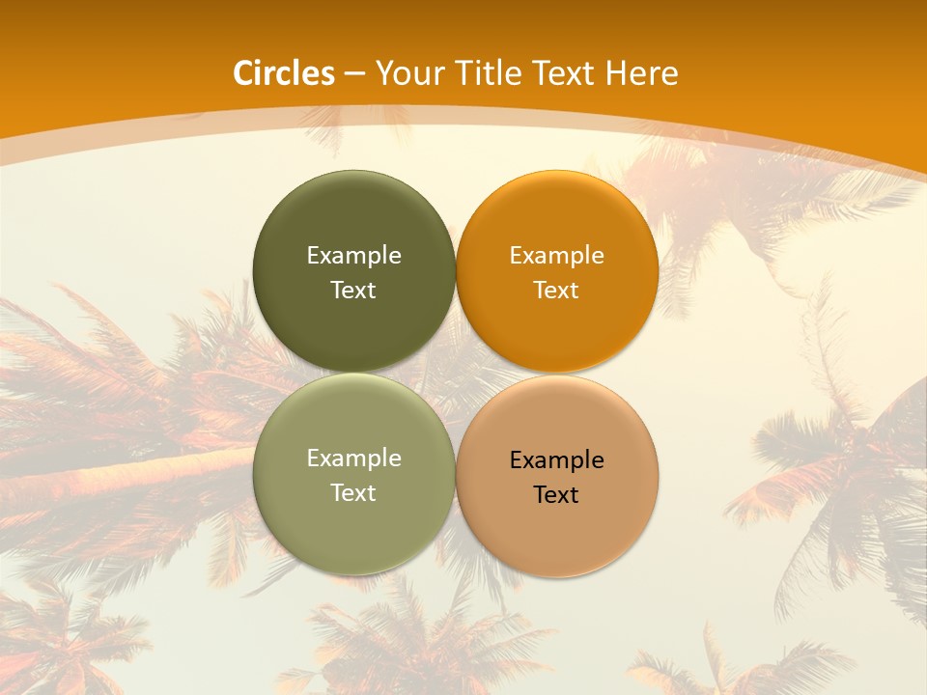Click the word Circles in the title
(x=283, y=73)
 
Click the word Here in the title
(x=642, y=73)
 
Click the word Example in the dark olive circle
(x=353, y=256)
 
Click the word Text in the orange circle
(x=556, y=291)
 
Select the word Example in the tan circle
(x=556, y=460)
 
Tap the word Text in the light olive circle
(x=353, y=493)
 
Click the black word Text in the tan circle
(x=556, y=495)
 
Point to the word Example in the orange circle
(x=556, y=256)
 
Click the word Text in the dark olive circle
(x=353, y=291)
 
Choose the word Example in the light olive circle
(x=353, y=459)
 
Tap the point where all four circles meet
(x=456, y=374)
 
